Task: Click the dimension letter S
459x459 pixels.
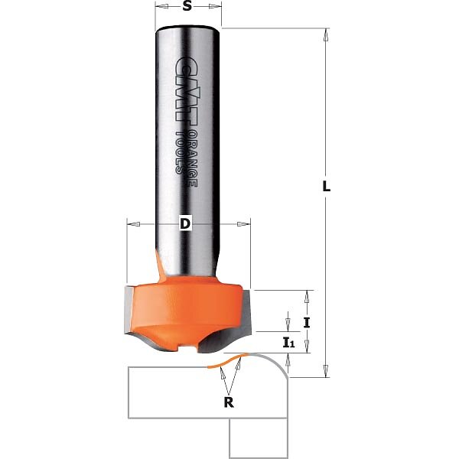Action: [187, 6]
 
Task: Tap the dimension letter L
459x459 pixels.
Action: [327, 186]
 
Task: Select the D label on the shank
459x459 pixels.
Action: [185, 224]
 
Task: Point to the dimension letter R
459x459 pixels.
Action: [229, 402]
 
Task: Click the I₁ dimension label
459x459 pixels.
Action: [288, 342]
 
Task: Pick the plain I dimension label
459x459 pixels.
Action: [307, 323]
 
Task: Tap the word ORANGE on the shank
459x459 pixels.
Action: [192, 158]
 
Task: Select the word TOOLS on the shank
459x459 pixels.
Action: [181, 152]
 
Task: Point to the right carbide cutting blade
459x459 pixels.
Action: [246, 312]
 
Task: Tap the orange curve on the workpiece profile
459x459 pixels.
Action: [226, 361]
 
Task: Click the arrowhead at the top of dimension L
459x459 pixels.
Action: [326, 35]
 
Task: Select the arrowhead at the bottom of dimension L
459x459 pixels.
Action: [326, 371]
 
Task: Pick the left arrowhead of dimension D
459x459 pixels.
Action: [134, 224]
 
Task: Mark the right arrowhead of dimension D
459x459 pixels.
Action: [243, 224]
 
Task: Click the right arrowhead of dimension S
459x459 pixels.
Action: [215, 6]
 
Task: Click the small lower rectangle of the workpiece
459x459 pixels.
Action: [259, 438]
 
